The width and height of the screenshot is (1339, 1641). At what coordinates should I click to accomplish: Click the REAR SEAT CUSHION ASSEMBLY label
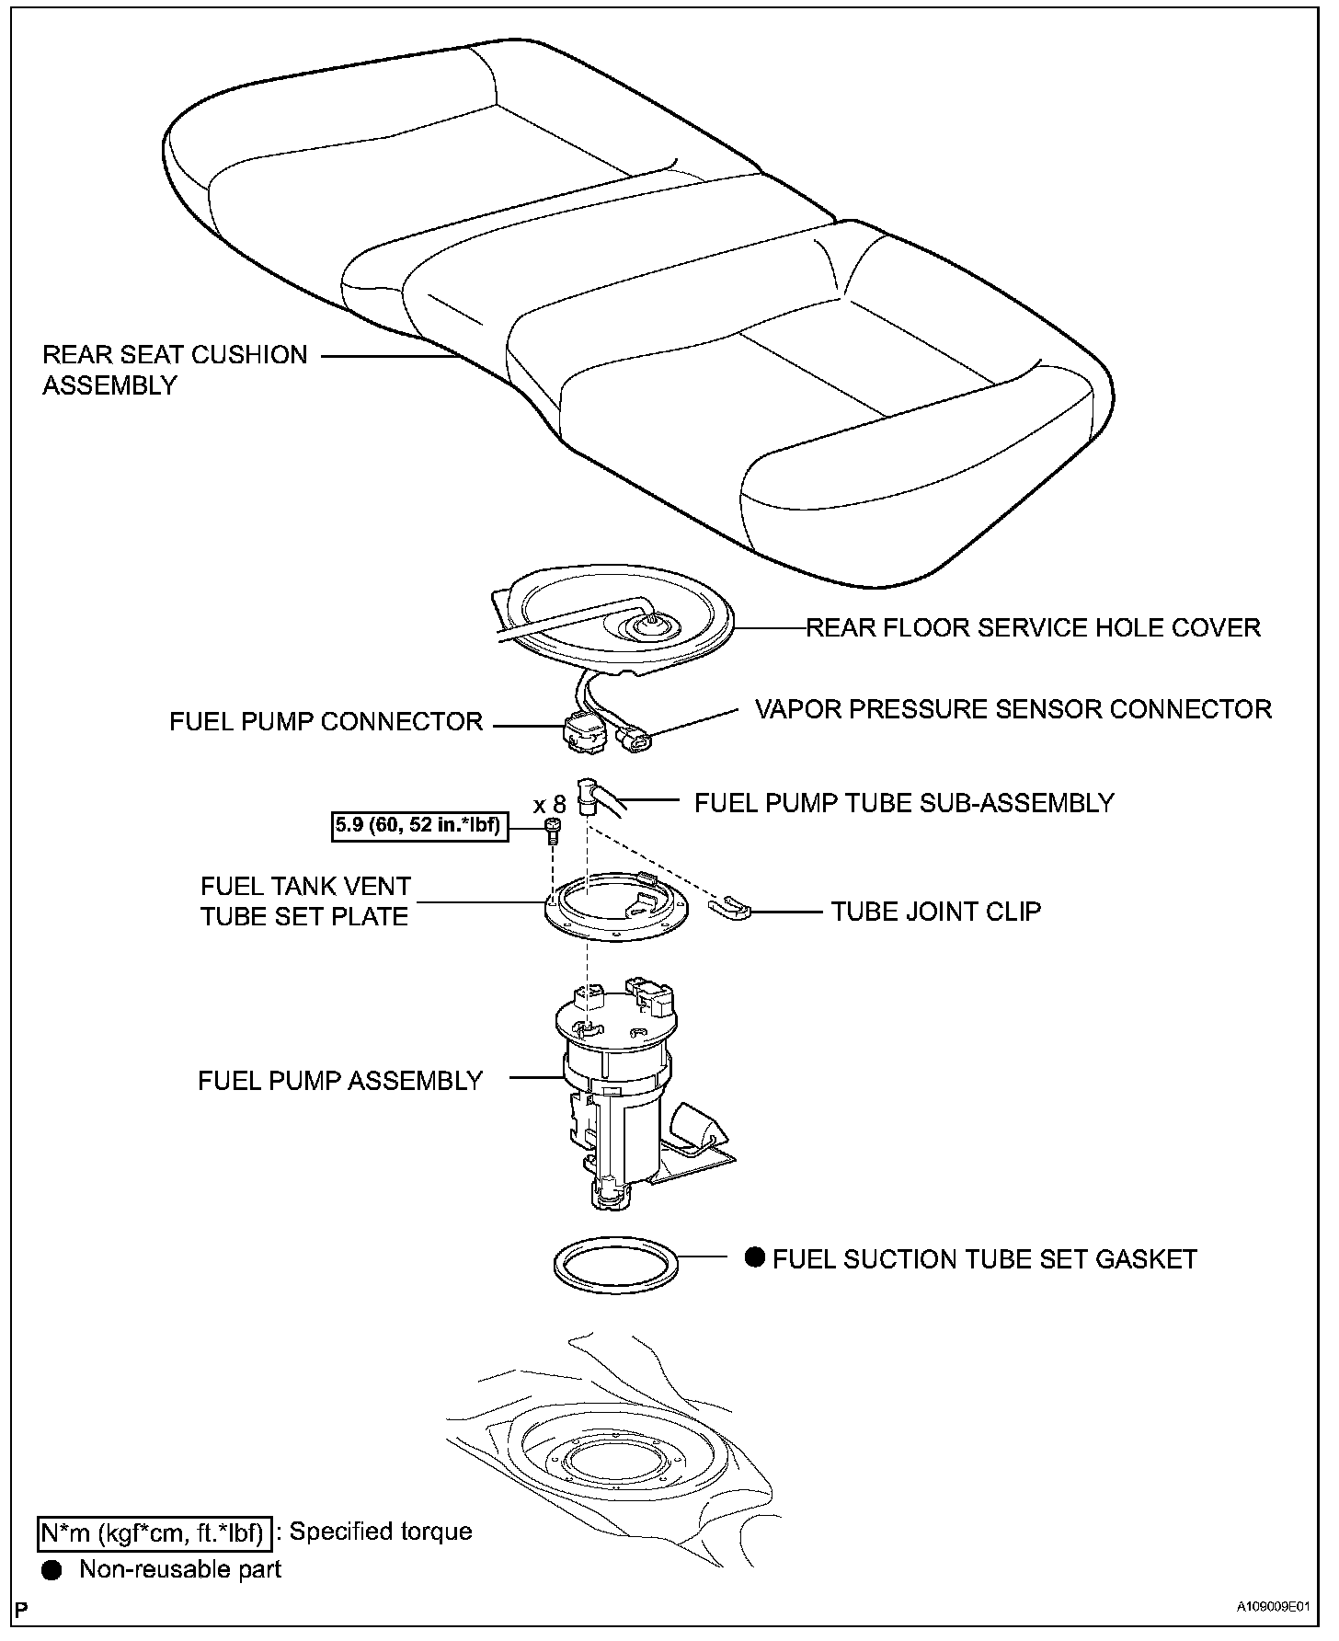[x=175, y=370]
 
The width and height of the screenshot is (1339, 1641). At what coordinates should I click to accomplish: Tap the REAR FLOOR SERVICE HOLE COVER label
[x=1033, y=628]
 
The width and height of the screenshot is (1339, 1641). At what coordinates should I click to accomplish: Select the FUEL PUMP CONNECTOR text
[x=326, y=722]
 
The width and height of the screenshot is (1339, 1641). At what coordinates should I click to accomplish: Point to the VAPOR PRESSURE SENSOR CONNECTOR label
[x=1013, y=709]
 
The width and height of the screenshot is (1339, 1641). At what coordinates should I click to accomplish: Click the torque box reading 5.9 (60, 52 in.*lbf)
[x=418, y=826]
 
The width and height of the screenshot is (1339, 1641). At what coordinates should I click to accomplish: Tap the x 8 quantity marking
[x=549, y=805]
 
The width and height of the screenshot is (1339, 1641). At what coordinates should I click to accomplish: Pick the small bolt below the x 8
[x=553, y=831]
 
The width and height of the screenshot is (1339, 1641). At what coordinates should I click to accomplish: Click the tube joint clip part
[x=731, y=908]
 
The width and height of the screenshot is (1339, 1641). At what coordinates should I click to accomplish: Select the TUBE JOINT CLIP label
[x=936, y=912]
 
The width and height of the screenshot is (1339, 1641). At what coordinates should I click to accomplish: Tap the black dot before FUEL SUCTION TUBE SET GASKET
[x=755, y=1257]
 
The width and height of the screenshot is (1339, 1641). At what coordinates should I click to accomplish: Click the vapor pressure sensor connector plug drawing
[x=635, y=739]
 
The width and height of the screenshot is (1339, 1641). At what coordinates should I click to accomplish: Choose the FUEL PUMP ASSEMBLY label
[x=340, y=1080]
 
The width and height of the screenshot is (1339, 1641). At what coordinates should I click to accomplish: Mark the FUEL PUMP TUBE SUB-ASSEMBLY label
[x=904, y=803]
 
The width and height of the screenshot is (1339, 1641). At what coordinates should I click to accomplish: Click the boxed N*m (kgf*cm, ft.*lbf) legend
[x=155, y=1532]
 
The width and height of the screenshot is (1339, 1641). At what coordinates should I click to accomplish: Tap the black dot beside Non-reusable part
[x=52, y=1570]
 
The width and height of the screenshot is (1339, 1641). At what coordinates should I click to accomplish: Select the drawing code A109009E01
[x=1271, y=1607]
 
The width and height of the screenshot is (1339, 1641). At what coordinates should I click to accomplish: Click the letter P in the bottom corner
[x=21, y=1609]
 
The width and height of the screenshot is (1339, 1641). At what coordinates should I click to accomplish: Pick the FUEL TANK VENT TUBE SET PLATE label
[x=305, y=901]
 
